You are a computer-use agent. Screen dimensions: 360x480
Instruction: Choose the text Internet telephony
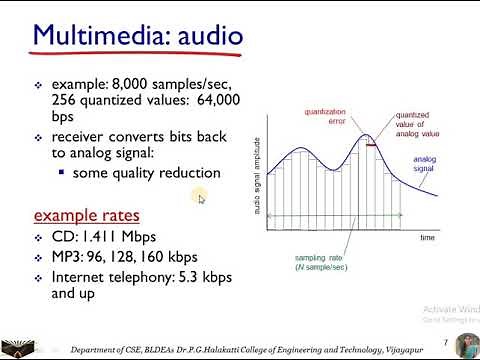click(x=110, y=277)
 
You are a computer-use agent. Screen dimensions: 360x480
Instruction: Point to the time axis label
click(x=427, y=238)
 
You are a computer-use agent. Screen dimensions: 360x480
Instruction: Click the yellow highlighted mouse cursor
click(x=200, y=198)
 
